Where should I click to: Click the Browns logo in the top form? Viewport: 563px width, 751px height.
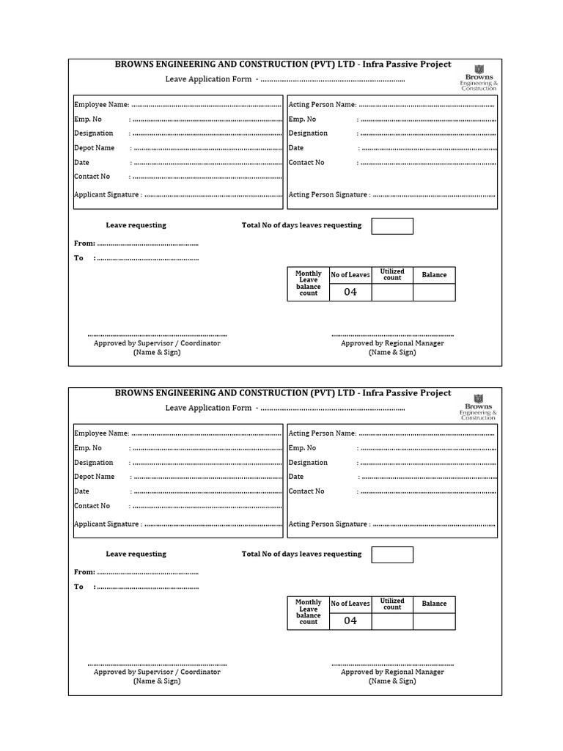tap(478, 77)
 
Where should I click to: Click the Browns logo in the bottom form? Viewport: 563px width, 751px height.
tap(478, 406)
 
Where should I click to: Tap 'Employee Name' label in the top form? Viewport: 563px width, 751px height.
tap(101, 105)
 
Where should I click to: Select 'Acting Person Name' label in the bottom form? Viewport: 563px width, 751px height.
tap(323, 433)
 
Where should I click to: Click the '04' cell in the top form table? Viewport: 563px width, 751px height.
tap(350, 292)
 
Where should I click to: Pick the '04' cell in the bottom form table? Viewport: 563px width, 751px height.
tap(350, 620)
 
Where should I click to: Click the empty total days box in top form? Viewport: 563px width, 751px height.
tap(392, 226)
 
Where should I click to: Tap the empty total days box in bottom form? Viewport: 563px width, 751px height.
tap(392, 554)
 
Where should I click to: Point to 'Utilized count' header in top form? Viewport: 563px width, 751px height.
tap(392, 275)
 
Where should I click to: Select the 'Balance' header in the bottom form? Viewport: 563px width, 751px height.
tap(434, 604)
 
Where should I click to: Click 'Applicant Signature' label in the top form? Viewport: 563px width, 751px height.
tap(107, 195)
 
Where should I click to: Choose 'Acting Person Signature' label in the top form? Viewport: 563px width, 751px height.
tap(328, 195)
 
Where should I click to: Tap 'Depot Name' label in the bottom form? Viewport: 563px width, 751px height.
tap(95, 477)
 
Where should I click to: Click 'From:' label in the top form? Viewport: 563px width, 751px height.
tap(84, 243)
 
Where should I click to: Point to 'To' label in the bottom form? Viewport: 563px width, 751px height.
tap(79, 587)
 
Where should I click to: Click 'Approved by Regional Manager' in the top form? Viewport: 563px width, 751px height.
tap(392, 343)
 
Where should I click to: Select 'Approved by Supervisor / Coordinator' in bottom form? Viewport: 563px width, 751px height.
tap(157, 672)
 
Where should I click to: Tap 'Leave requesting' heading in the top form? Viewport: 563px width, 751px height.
tap(136, 225)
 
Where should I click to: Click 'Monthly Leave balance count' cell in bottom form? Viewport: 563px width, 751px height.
tap(309, 612)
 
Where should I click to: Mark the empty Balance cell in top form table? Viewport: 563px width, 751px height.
tap(434, 293)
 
